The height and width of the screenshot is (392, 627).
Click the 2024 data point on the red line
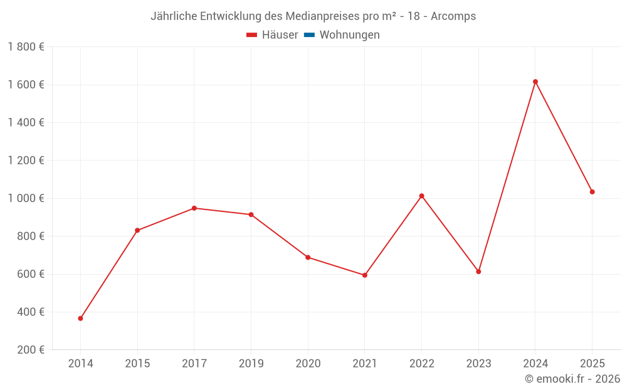(535, 82)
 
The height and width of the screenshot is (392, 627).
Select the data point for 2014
(80, 319)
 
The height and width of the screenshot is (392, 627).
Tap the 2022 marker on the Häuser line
(421, 196)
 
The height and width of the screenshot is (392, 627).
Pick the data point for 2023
(478, 272)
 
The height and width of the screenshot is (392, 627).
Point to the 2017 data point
(194, 208)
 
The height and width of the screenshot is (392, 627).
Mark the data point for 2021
(365, 275)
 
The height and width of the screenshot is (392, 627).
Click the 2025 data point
(592, 192)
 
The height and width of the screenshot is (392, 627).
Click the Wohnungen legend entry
(349, 35)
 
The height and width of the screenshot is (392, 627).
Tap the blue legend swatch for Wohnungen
(309, 35)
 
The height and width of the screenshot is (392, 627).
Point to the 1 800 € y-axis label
(26, 47)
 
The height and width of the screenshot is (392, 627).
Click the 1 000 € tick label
(26, 198)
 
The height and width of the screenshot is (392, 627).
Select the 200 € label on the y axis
(30, 350)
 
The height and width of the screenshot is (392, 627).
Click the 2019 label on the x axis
(251, 364)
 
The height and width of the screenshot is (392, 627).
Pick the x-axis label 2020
(308, 364)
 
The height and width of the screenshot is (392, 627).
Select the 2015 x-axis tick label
(137, 364)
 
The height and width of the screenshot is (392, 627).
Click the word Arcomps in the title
(453, 16)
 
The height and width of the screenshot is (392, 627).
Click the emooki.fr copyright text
(572, 379)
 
